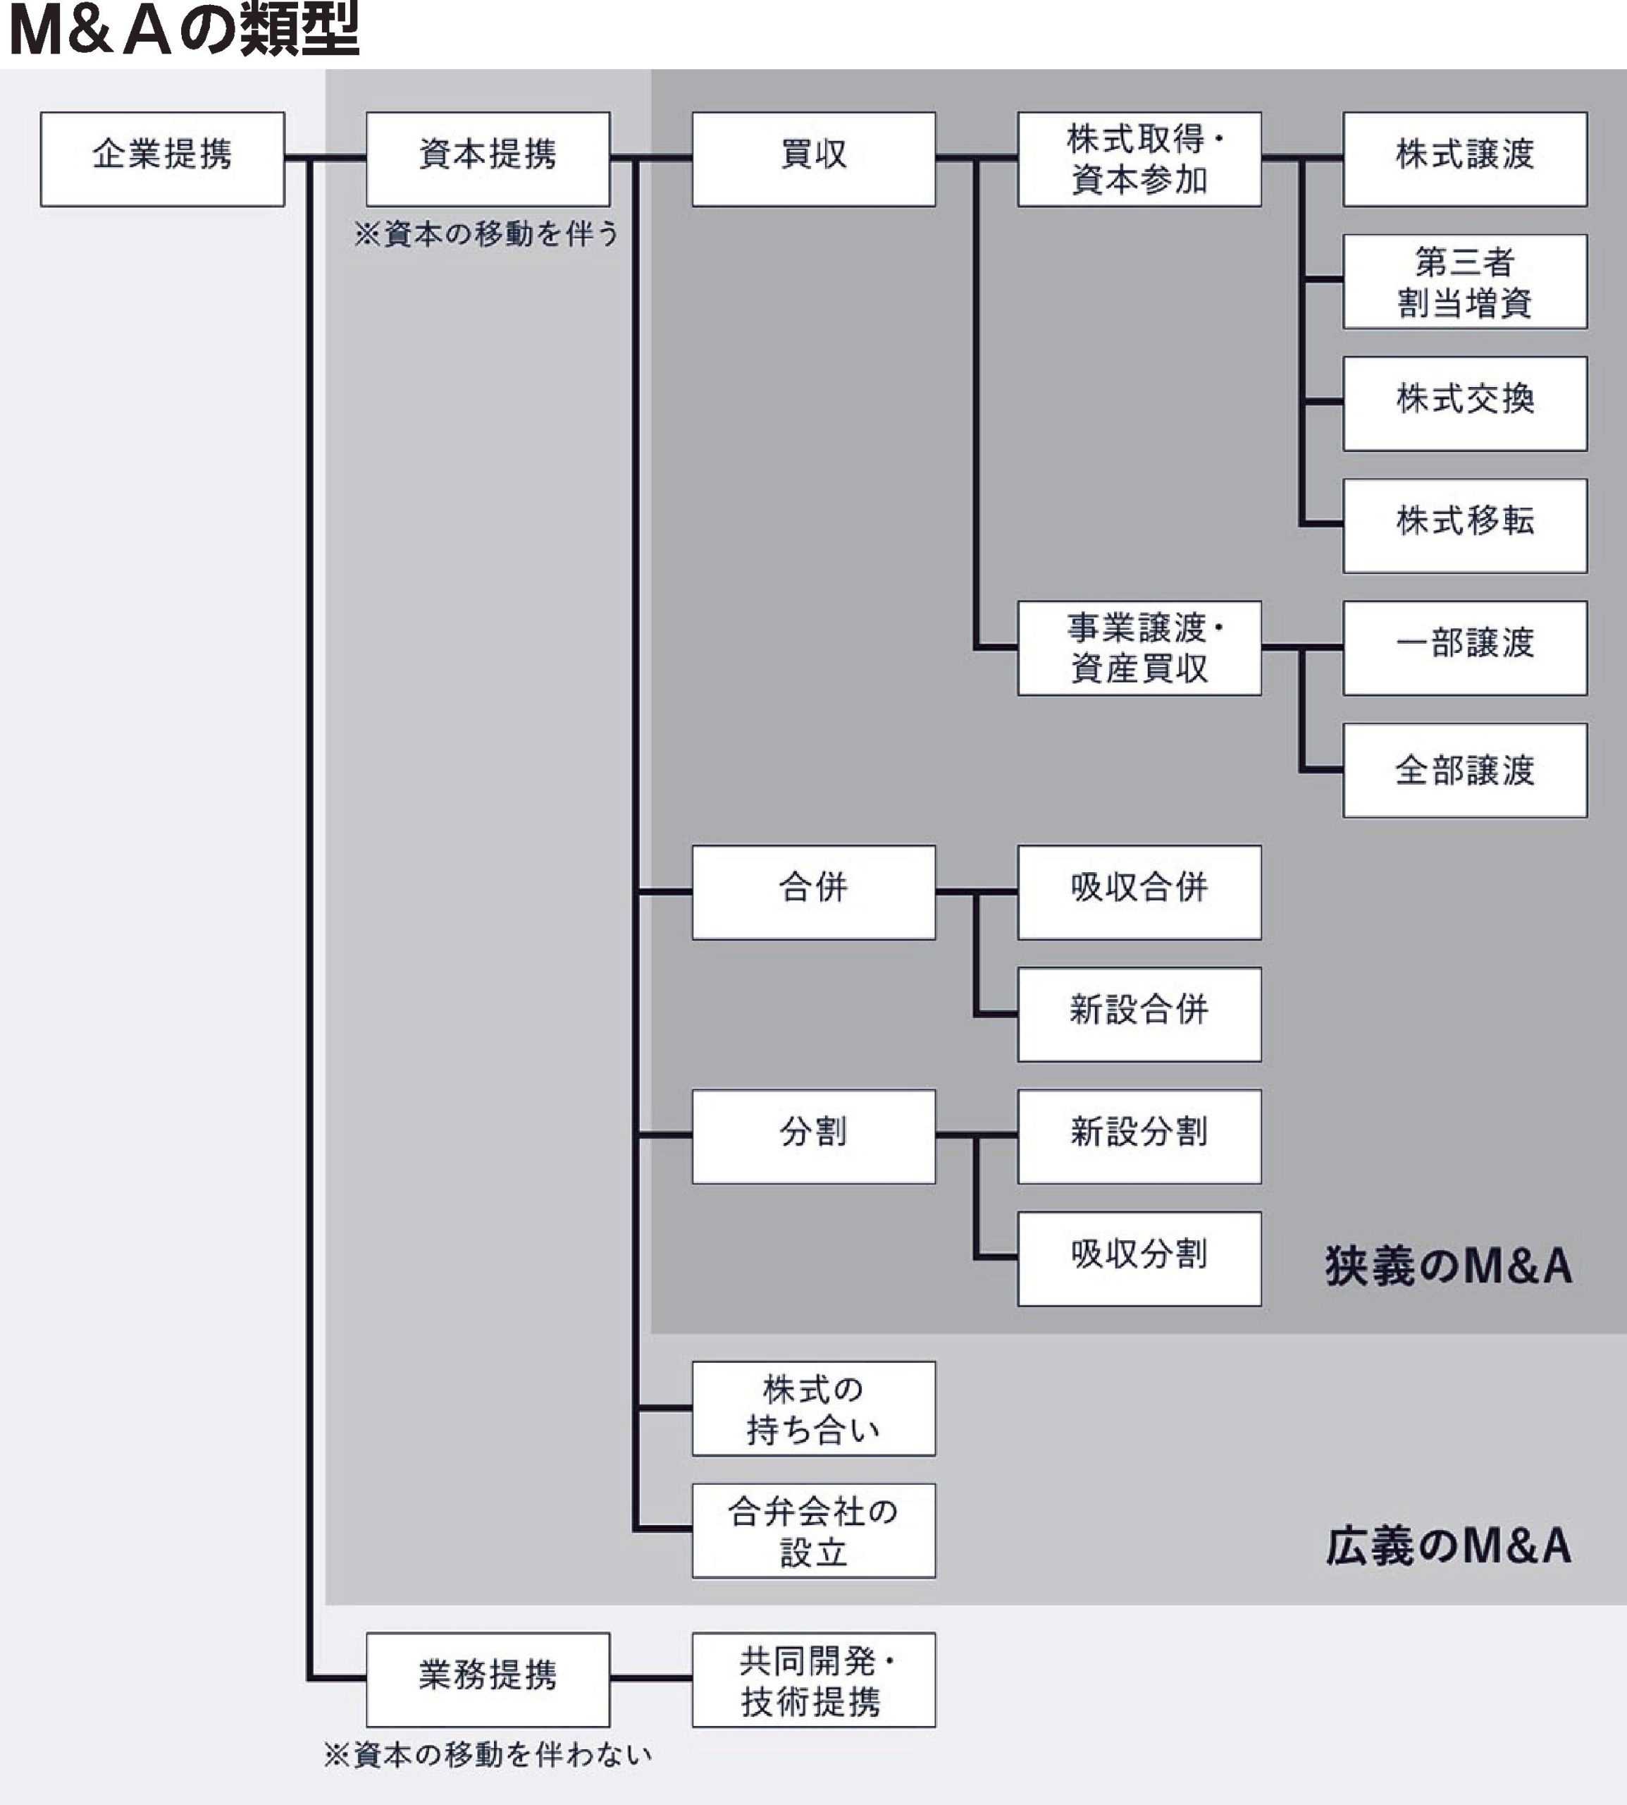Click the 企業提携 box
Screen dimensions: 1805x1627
pos(162,159)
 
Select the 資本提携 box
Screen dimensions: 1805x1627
pos(488,159)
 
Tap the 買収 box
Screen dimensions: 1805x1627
pos(813,159)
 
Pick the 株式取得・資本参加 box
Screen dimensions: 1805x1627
pos(1139,159)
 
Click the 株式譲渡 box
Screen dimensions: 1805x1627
pos(1464,159)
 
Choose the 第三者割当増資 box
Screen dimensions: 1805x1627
pos(1464,281)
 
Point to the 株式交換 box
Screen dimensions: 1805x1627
pos(1464,403)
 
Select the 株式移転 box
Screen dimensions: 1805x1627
pos(1464,525)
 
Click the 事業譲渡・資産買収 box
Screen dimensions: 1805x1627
pos(1139,647)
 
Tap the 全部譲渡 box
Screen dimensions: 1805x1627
pos(1464,769)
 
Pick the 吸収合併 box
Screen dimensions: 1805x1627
pos(1139,892)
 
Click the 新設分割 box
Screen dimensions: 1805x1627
pos(1139,1136)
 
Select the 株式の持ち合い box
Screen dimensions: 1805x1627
pos(813,1409)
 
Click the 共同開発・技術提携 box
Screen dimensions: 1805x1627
pos(813,1679)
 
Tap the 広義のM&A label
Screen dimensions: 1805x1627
pos(1448,1546)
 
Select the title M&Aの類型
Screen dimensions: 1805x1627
pos(183,30)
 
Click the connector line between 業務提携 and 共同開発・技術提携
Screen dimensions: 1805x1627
pos(651,1678)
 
